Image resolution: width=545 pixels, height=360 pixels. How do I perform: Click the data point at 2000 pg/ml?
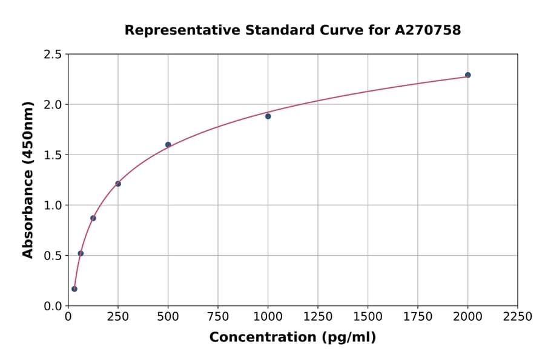click(467, 75)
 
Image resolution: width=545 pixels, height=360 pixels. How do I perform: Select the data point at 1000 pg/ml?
click(268, 116)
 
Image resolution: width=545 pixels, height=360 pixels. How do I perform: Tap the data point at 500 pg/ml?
click(168, 145)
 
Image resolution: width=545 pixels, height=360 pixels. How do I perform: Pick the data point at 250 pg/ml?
click(118, 184)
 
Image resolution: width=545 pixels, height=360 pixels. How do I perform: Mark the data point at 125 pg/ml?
click(93, 218)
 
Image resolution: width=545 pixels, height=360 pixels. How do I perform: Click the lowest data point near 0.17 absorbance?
click(74, 289)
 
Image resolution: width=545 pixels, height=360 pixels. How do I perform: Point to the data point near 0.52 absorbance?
click(81, 253)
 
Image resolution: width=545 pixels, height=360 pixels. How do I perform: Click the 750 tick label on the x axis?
click(218, 317)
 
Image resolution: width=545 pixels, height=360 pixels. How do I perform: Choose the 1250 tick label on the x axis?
click(318, 317)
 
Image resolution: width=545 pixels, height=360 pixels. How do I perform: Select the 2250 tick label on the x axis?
click(518, 317)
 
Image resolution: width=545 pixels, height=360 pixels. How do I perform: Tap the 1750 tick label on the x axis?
click(418, 317)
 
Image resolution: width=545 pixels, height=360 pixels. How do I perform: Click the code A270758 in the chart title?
click(428, 30)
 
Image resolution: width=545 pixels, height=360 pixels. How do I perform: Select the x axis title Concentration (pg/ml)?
click(292, 338)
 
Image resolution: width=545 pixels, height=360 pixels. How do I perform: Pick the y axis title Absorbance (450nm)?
click(28, 179)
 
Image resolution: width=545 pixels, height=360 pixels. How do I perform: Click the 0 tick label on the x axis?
click(68, 317)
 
